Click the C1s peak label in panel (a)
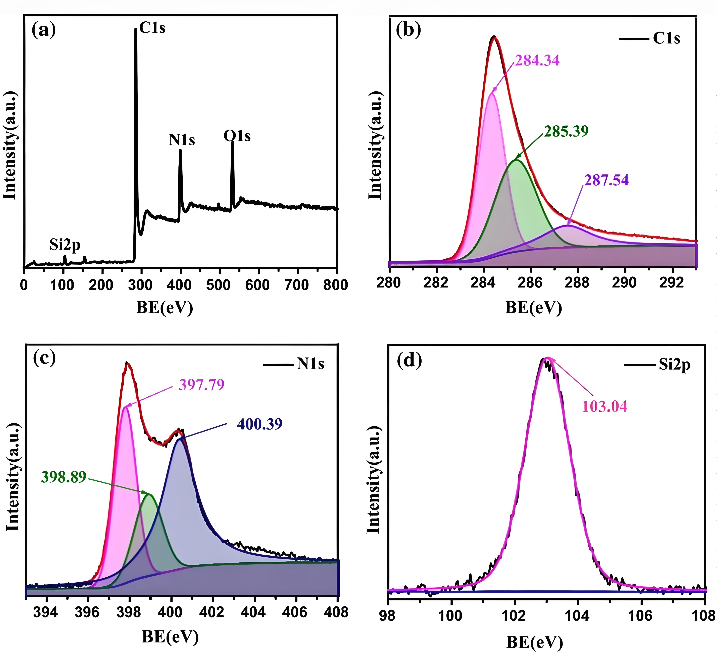(152, 28)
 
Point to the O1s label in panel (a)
(237, 136)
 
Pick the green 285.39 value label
(567, 131)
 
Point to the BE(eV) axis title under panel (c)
(170, 637)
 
